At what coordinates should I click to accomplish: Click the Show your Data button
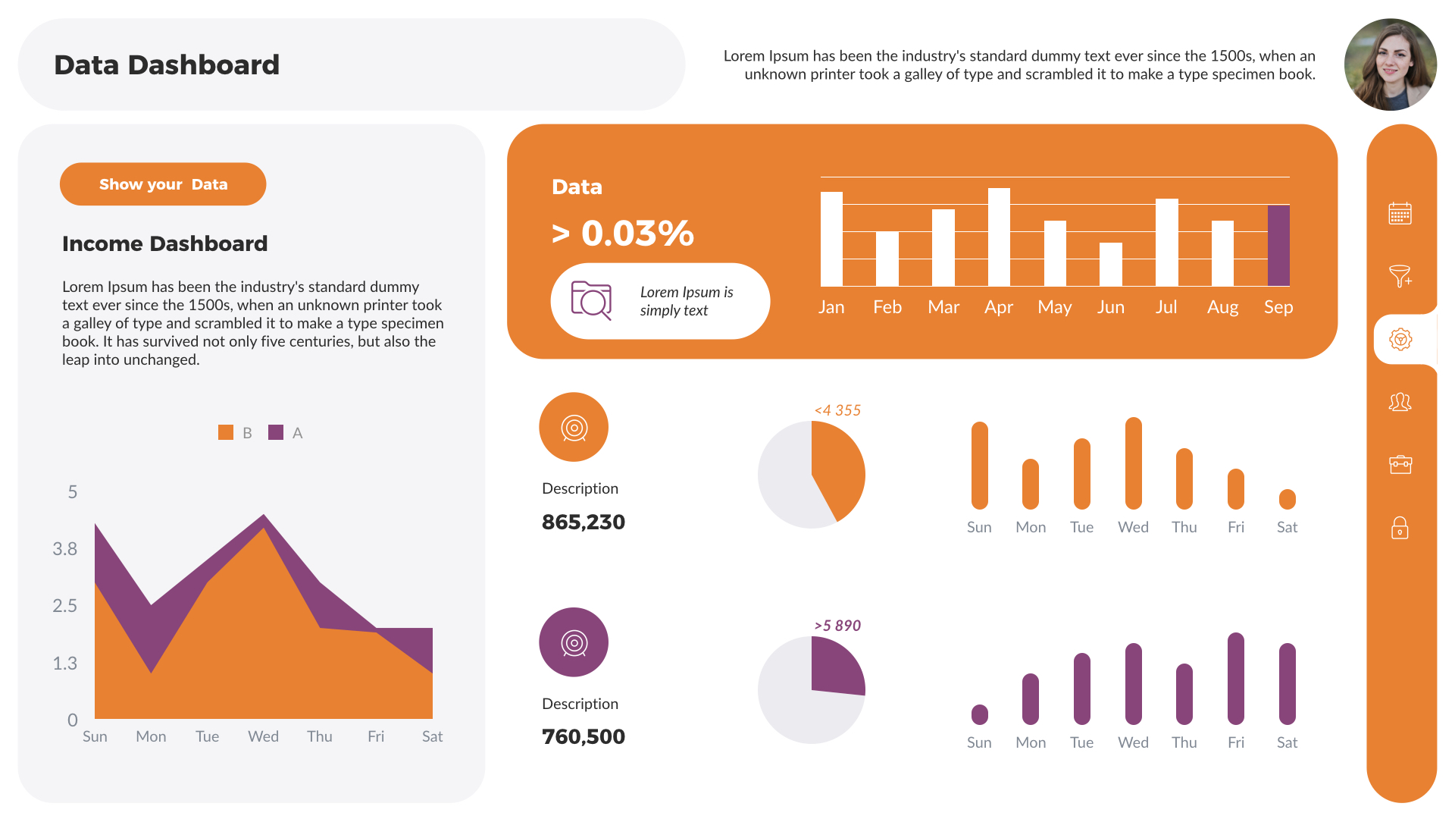click(163, 184)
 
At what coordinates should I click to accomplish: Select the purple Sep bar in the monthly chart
click(1278, 246)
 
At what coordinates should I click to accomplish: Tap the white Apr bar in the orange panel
click(999, 237)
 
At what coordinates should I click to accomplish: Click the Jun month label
click(1110, 307)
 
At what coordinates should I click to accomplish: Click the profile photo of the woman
click(1390, 64)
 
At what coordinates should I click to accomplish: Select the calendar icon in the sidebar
click(1400, 213)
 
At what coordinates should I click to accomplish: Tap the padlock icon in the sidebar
click(1400, 528)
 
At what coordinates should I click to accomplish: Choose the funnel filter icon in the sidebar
click(1400, 276)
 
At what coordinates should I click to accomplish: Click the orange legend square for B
click(226, 432)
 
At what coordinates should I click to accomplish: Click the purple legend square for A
click(276, 432)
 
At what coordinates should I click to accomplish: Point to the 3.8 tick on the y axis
click(65, 549)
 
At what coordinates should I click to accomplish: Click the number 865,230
click(583, 522)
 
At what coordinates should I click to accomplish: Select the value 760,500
click(583, 736)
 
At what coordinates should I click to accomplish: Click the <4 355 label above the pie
click(837, 410)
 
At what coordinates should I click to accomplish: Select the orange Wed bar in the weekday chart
click(1134, 463)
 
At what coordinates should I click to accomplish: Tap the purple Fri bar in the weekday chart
click(1236, 678)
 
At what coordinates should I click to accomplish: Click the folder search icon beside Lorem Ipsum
click(591, 300)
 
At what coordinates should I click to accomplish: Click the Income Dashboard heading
click(164, 243)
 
